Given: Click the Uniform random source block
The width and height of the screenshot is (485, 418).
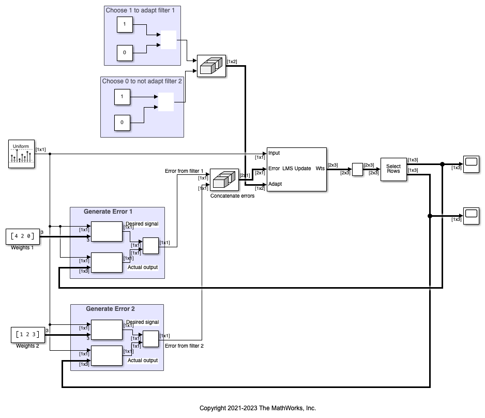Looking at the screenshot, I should coord(21,154).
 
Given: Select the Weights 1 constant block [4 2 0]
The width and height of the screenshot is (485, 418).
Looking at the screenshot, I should coord(23,237).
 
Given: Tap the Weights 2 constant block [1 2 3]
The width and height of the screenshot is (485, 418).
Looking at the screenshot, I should coord(25,335).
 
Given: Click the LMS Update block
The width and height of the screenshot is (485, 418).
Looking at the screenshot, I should coord(296,169).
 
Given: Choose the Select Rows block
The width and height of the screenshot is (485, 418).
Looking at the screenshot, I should coord(393,169).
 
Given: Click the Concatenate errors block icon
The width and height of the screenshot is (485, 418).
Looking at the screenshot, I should coord(224,180).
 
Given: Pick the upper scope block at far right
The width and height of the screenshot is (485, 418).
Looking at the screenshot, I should coord(471,164).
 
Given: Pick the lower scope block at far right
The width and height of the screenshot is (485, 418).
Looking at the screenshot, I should coord(471,215).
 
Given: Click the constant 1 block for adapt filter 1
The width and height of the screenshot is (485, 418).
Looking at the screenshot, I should coord(125,24).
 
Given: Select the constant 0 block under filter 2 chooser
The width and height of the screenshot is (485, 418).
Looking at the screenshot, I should coord(122,123).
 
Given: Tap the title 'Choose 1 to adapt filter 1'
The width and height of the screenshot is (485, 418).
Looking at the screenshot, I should coord(143,10).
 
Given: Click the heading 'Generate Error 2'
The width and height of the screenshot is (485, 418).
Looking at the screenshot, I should coord(110,309).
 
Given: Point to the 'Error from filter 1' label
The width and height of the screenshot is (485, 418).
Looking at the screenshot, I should coord(184,171).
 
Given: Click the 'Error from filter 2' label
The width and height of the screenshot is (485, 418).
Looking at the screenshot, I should coord(184,346).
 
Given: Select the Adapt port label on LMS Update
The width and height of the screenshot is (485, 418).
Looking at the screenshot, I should coord(275,184).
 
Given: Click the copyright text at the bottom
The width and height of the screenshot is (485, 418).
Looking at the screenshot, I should coord(257,408).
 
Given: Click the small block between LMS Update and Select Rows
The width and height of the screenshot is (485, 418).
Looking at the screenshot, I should coord(357,170).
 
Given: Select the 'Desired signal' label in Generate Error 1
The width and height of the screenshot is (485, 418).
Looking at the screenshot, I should coord(142,224).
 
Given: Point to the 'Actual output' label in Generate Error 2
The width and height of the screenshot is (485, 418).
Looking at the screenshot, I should coord(142,361).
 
